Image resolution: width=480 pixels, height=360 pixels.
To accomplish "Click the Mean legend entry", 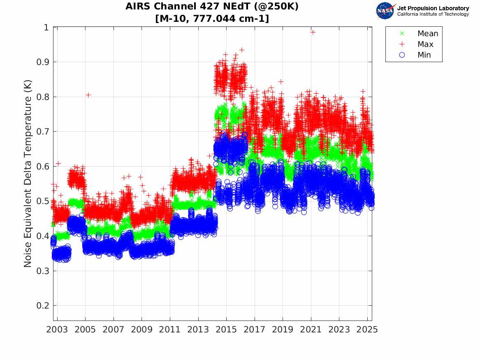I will click(x=427, y=34).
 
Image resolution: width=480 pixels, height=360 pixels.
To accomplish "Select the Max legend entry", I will click(x=425, y=44).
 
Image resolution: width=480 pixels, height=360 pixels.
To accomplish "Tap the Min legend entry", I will click(x=424, y=55).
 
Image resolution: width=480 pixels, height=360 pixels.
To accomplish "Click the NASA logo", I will click(x=385, y=11).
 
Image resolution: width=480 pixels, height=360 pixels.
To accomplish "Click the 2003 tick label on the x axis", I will click(x=57, y=330).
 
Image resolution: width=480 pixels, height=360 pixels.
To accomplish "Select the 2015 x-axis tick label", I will click(x=226, y=330).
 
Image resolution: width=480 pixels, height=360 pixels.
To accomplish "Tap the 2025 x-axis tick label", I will click(x=367, y=330).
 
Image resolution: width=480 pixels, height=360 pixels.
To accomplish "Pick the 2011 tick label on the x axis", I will click(x=170, y=330).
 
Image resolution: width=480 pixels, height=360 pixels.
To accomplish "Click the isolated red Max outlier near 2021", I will click(x=313, y=32).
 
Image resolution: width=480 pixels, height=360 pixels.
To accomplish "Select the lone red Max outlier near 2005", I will click(x=88, y=95).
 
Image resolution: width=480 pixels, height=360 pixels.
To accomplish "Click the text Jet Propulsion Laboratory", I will click(x=433, y=8).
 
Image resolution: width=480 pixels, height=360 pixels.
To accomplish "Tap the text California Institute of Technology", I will click(x=433, y=14).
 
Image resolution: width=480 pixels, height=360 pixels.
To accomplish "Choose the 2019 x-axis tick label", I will click(x=283, y=330).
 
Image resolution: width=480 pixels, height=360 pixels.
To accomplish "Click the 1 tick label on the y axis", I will click(x=46, y=27).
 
